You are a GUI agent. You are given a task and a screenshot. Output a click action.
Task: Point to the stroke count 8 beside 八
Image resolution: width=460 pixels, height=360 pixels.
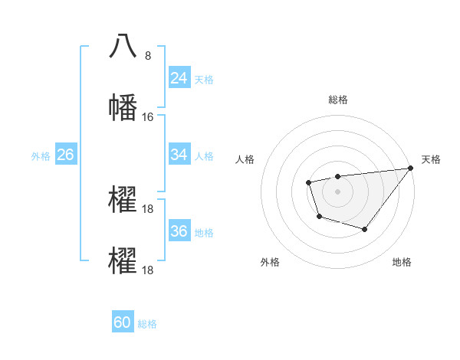point(148,56)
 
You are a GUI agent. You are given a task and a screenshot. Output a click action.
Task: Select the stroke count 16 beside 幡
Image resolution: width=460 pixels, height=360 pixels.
point(148,117)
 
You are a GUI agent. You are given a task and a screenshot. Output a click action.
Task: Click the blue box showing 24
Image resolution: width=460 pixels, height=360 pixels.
point(179,78)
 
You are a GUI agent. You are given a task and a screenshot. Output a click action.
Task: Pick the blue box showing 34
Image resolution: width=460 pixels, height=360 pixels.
point(179,155)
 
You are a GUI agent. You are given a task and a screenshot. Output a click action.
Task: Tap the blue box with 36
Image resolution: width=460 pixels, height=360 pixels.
point(179,231)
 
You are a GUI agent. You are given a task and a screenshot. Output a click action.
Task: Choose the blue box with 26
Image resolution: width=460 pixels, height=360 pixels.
point(65,155)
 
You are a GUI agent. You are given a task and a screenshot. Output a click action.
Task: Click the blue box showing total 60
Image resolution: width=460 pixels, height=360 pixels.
point(123,322)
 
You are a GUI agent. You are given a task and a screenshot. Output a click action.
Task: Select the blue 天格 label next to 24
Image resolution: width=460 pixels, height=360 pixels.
point(204,79)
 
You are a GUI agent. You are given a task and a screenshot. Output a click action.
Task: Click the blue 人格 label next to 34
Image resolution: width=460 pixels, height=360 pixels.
point(204,155)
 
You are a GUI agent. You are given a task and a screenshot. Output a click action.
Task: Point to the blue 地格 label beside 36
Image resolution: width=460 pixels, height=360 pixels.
point(204,232)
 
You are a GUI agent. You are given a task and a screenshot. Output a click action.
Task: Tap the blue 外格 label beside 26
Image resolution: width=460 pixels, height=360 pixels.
point(41,155)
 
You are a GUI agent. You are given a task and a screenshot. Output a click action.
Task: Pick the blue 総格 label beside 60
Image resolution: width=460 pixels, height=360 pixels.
point(147,323)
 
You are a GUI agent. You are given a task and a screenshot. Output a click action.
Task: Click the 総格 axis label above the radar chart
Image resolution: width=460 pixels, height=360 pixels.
point(337,100)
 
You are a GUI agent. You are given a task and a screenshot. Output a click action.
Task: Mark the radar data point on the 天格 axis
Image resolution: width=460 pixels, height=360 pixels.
point(411,168)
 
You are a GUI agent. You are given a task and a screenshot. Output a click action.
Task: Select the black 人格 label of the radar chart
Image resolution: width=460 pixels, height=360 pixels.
point(245,159)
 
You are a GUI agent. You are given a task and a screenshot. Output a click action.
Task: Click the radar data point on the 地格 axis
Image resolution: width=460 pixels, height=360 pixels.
point(365,229)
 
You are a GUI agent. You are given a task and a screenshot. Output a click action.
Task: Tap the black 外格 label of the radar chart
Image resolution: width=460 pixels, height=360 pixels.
point(270,262)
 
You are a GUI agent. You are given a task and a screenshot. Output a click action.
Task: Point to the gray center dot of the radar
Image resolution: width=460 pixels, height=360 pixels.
point(337,191)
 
